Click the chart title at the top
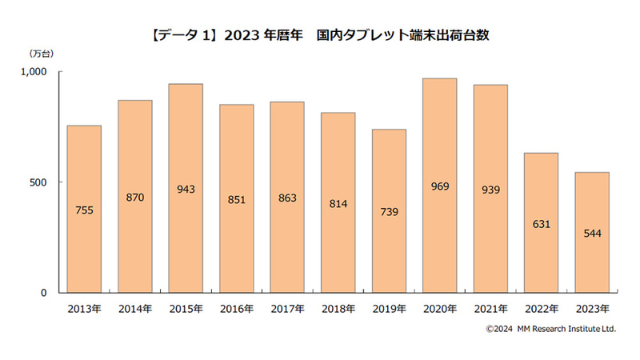[x=320, y=35]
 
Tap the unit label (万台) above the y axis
[x=40, y=54]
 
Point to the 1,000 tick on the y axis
[x=34, y=72]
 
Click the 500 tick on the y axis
[x=39, y=182]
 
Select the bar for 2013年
[x=84, y=209]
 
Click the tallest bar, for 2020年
[x=440, y=186]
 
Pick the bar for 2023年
[x=592, y=232]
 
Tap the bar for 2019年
[x=389, y=211]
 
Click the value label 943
[x=186, y=190]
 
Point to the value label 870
[x=134, y=197]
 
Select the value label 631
[x=542, y=224]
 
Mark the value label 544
[x=592, y=234]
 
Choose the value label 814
[x=338, y=203]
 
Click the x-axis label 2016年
[x=236, y=309]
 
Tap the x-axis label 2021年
[x=490, y=309]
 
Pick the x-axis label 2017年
[x=287, y=309]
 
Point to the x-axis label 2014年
[x=134, y=309]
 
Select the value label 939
[x=490, y=190]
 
